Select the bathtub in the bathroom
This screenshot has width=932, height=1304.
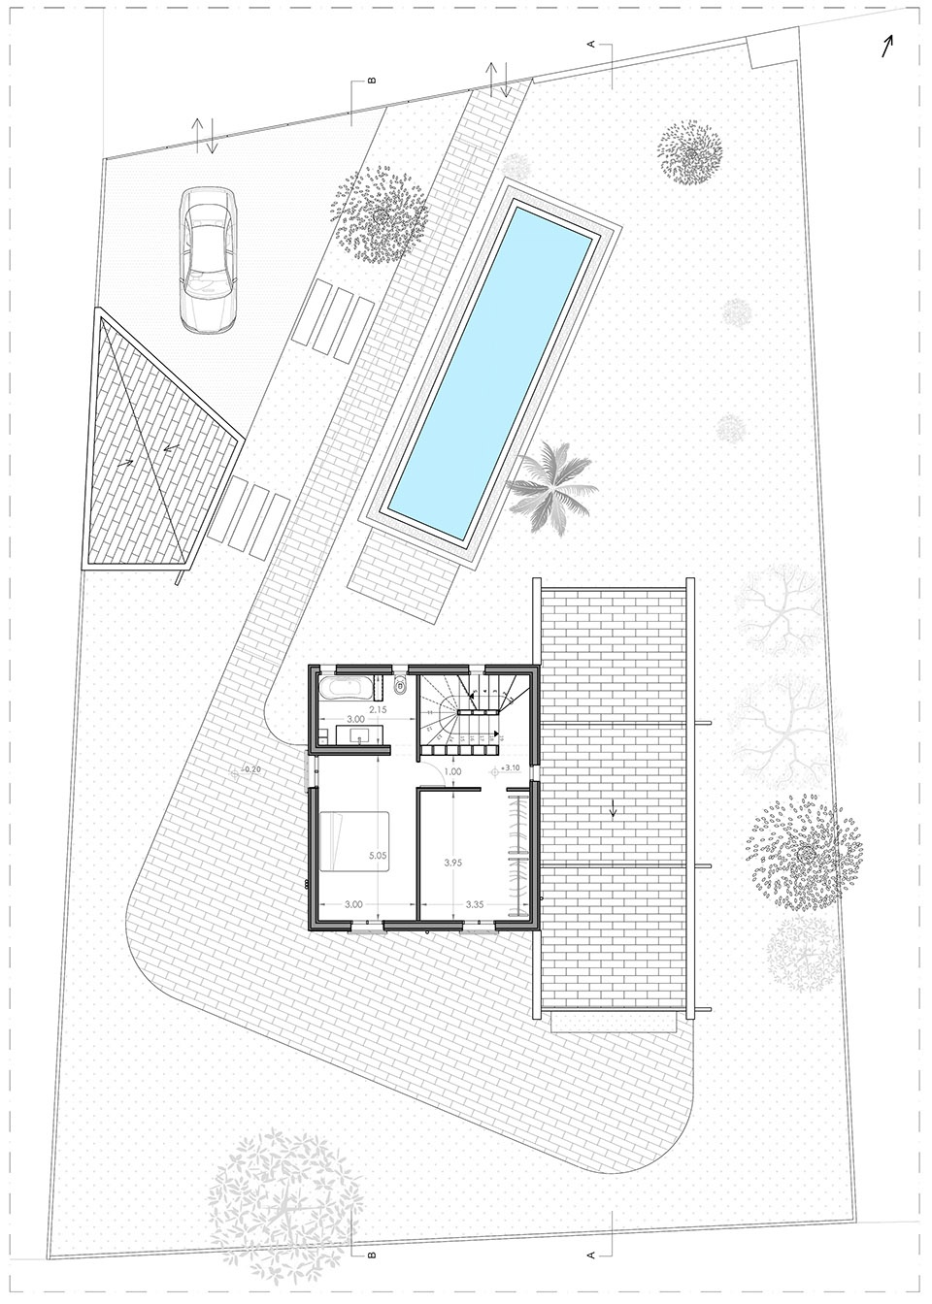coord(343,689)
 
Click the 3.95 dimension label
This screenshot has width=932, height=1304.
coord(449,862)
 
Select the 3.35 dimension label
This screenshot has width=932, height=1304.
coord(475,904)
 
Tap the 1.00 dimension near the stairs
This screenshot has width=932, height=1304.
coord(452,772)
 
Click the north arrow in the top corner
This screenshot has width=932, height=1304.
coord(887,47)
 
